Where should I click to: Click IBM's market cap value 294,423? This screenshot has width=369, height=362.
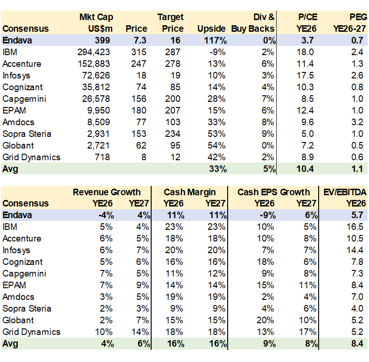[x=94, y=52]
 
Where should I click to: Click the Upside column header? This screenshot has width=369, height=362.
[x=212, y=28]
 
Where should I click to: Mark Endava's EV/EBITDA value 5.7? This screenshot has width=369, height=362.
[x=357, y=215]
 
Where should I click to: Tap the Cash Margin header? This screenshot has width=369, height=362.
[x=189, y=192]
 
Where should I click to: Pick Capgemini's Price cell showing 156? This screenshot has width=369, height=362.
[x=139, y=99]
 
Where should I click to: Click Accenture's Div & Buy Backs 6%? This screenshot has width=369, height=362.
[x=269, y=64]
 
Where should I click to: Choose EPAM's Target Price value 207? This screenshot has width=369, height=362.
[x=175, y=110]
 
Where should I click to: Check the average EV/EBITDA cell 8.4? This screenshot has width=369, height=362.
[x=357, y=344]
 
